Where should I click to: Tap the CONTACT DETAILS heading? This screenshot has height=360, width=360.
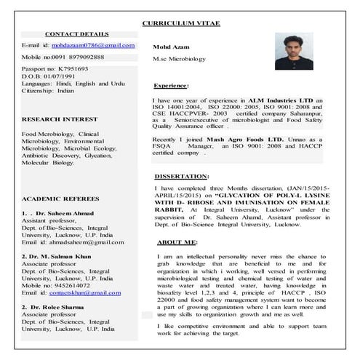click(x=76, y=34)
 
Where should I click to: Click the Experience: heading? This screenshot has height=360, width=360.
click(x=172, y=86)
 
